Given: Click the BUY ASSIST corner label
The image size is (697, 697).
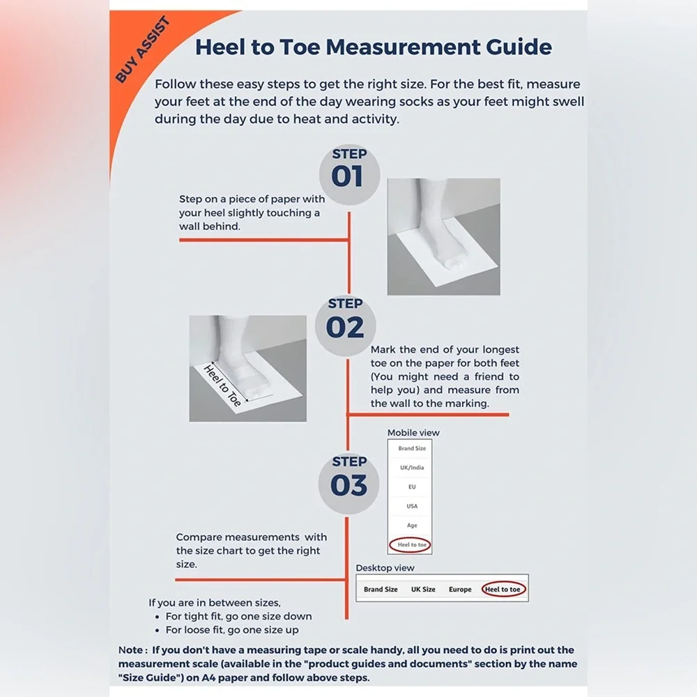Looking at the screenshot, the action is click(143, 49).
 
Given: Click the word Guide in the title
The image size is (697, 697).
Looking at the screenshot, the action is click(519, 47).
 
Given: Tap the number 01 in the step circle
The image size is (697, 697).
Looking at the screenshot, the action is click(347, 176).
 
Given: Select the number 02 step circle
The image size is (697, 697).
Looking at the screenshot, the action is click(346, 325).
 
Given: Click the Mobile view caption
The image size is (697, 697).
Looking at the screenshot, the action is click(413, 433).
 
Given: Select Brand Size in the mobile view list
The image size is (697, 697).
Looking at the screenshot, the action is click(412, 448).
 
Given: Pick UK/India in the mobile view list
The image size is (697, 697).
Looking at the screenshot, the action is click(412, 467).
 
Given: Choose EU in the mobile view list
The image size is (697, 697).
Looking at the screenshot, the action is click(412, 487).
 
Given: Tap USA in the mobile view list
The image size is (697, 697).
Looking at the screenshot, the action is click(412, 506).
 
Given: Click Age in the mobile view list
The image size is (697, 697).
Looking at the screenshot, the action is click(412, 525).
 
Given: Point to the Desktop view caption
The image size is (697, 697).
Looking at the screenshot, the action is click(385, 567).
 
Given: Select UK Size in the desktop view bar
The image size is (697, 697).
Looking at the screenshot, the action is click(423, 589).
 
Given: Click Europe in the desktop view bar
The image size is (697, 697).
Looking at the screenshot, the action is click(460, 589).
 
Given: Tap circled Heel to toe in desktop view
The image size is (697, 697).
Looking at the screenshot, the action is click(503, 589).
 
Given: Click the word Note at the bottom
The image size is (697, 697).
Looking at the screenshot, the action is click(130, 650).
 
